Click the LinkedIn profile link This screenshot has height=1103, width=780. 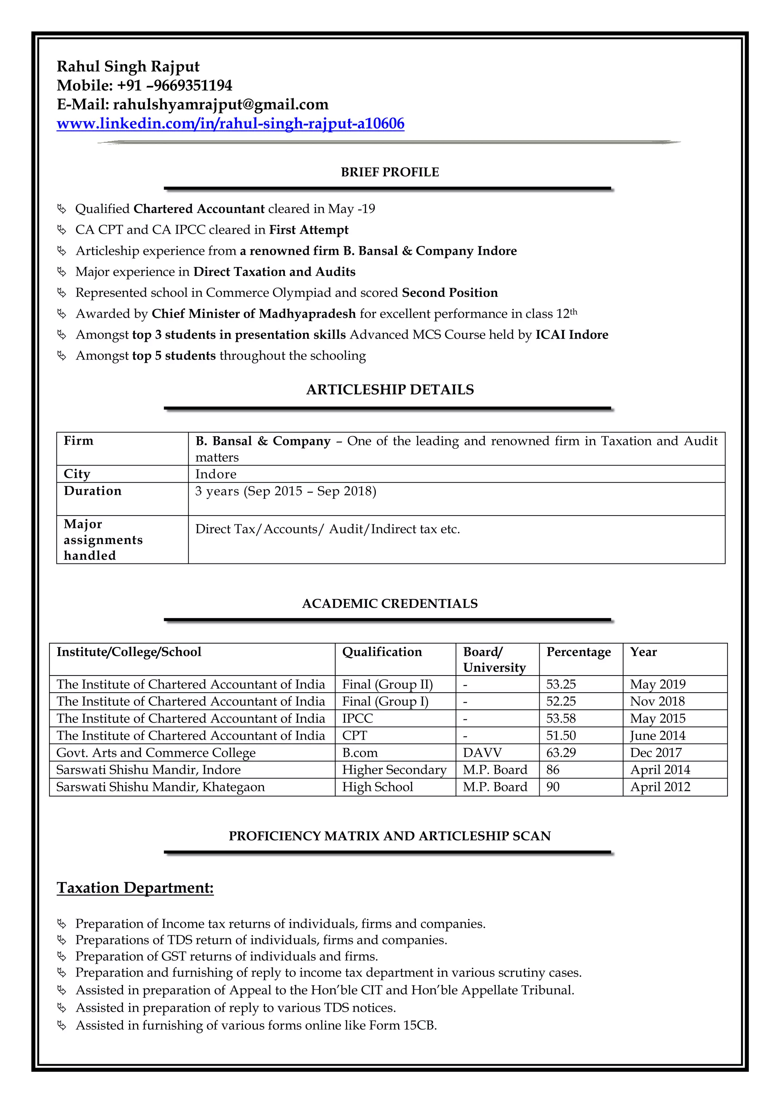(230, 124)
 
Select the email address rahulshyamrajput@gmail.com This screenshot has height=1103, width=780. (221, 105)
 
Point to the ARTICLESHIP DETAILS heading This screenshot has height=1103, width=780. (390, 390)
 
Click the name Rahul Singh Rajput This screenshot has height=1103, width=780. (128, 66)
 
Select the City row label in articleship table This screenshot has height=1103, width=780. (77, 474)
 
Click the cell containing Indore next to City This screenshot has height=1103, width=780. (216, 474)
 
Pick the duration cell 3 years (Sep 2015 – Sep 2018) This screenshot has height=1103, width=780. (286, 491)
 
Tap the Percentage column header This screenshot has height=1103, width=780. (578, 652)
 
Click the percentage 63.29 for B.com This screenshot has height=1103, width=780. (561, 753)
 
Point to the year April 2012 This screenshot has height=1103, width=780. (660, 787)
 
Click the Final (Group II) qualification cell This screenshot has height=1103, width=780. (387, 684)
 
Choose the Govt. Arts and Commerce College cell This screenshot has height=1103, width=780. (156, 753)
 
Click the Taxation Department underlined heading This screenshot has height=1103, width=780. (135, 888)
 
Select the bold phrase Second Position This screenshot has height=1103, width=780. (449, 293)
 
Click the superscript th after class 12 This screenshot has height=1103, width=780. (574, 311)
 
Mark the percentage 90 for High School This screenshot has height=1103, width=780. (553, 787)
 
